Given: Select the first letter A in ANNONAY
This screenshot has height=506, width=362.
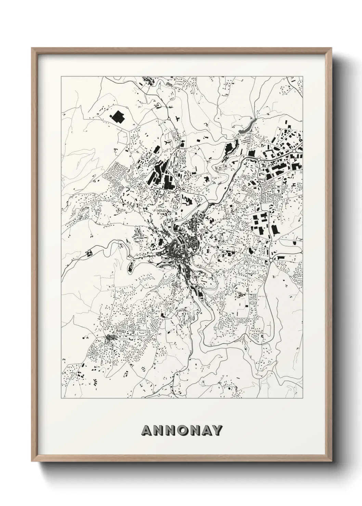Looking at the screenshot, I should [x=148, y=431].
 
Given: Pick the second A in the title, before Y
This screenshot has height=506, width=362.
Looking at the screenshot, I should [x=206, y=431].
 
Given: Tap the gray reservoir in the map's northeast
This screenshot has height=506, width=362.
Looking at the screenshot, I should [x=247, y=126].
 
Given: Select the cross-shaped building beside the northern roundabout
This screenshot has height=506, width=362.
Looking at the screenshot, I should [x=177, y=119].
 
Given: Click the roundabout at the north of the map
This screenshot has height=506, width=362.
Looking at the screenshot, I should [x=169, y=119].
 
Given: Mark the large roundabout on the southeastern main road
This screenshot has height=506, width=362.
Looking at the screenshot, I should [x=270, y=260].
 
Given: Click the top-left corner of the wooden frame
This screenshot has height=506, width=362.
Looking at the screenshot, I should [x=32, y=48].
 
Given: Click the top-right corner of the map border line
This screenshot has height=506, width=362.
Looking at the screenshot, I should [x=302, y=76].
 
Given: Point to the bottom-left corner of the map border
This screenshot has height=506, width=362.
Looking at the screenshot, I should [x=61, y=398].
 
